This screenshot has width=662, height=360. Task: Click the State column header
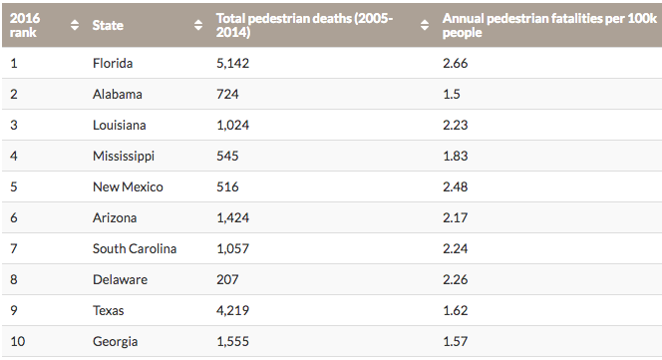108,25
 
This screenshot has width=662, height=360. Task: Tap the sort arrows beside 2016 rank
75,25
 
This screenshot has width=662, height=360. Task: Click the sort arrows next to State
198,25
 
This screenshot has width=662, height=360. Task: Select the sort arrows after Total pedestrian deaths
425,25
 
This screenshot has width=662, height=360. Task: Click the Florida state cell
113,64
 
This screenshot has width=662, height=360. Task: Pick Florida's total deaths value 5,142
232,64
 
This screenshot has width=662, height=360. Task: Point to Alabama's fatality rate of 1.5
452,94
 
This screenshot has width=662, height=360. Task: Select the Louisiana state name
120,125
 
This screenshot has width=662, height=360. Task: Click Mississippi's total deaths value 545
227,156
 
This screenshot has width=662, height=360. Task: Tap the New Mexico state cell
128,186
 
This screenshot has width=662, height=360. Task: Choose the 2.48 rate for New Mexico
455,186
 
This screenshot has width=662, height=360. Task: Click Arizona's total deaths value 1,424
232,217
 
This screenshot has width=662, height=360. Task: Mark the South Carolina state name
135,248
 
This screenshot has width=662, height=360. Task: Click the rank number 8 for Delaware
14,279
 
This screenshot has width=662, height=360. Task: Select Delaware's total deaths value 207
227,279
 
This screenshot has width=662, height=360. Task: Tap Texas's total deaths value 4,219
232,310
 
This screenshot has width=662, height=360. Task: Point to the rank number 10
17,341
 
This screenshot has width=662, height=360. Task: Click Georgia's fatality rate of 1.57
455,341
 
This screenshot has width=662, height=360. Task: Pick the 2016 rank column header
25,25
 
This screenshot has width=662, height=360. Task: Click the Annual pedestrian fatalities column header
549,25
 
